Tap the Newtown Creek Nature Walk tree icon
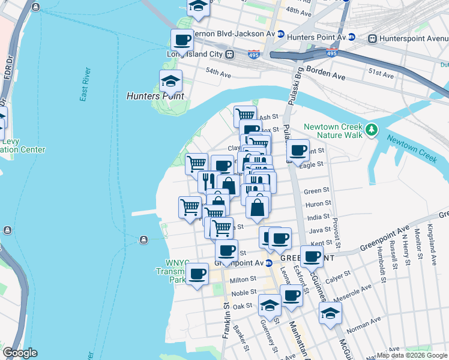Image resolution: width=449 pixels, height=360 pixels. (x=372, y=129)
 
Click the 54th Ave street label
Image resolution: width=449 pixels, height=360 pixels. (x=218, y=74)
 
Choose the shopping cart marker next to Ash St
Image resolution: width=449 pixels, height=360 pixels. (x=245, y=115)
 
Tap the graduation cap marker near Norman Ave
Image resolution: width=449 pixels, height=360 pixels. (x=330, y=313)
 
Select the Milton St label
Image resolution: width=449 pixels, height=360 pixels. (x=243, y=279)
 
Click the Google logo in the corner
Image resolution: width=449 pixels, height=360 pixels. (x=20, y=353)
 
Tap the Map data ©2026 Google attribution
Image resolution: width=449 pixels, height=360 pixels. (x=412, y=355)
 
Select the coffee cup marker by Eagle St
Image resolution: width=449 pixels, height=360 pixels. (x=298, y=151)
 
